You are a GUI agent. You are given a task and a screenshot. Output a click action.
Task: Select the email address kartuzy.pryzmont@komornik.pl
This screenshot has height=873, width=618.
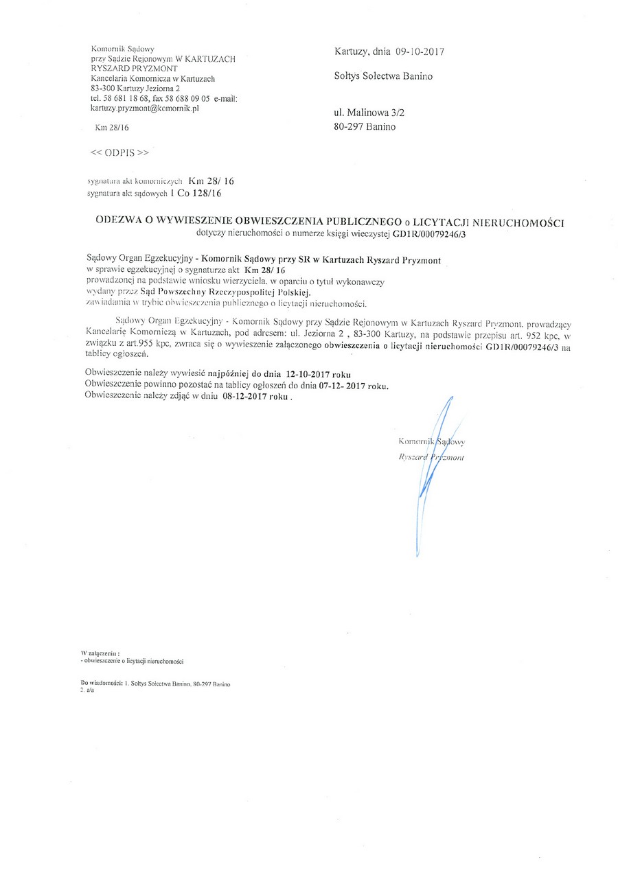pos(144,108)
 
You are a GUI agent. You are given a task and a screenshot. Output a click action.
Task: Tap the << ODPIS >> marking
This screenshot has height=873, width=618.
pos(119,152)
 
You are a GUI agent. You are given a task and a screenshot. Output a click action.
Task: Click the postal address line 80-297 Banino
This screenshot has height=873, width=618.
pos(365,126)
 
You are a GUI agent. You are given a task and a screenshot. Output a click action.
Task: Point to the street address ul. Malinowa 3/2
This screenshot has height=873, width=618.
pos(374,110)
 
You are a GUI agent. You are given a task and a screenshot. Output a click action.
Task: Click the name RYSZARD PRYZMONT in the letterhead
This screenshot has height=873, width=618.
pos(134,69)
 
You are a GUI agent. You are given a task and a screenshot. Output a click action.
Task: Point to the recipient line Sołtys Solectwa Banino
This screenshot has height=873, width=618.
pos(383,76)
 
